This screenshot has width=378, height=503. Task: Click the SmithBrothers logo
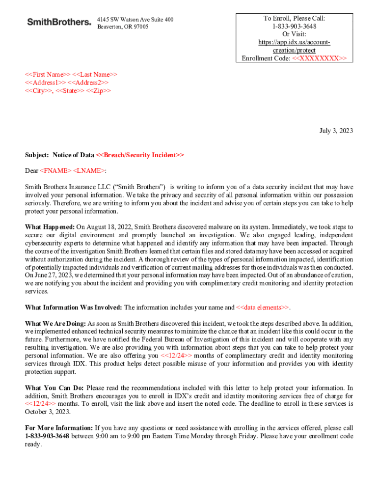coord(59,22)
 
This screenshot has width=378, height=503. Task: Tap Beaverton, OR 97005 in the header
coord(122,27)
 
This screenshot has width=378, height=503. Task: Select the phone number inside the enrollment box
coord(294,26)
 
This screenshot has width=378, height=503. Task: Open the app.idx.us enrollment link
coord(294,46)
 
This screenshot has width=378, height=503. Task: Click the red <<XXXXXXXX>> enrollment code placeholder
coord(319,58)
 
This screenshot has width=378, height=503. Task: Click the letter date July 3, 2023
coord(336,131)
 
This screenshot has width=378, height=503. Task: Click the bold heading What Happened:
coord(50,227)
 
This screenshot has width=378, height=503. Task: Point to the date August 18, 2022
coord(110,227)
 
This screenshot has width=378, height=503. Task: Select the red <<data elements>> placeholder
coord(263,307)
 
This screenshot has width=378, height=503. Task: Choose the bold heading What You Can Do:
coord(54,388)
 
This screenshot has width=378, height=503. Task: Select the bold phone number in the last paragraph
coord(47,436)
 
